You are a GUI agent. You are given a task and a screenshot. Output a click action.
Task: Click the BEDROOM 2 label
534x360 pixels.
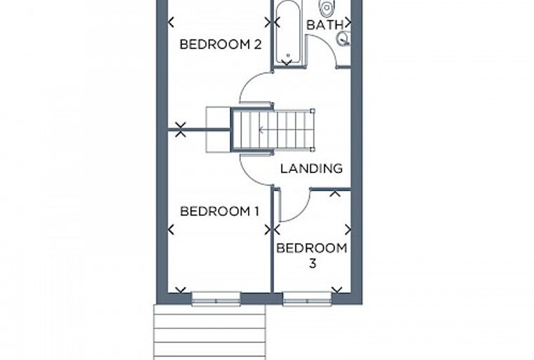pos(221,44)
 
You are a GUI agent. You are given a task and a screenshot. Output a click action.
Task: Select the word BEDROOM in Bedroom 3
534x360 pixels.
pos(312,248)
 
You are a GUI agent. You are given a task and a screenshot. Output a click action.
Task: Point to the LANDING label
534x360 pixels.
pos(311,169)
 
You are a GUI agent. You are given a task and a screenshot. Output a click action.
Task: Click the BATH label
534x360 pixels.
pos(325,25)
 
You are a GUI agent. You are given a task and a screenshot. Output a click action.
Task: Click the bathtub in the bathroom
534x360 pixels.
pos(287,32)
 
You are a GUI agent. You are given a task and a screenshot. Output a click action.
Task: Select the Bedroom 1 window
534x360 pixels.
pos(216,299)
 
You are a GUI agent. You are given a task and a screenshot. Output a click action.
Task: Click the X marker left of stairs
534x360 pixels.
pos(181,129)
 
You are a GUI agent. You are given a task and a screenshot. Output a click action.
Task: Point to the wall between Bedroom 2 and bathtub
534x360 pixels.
pos(272,35)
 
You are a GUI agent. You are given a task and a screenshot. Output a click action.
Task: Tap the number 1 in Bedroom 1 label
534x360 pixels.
pos(256,211)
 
